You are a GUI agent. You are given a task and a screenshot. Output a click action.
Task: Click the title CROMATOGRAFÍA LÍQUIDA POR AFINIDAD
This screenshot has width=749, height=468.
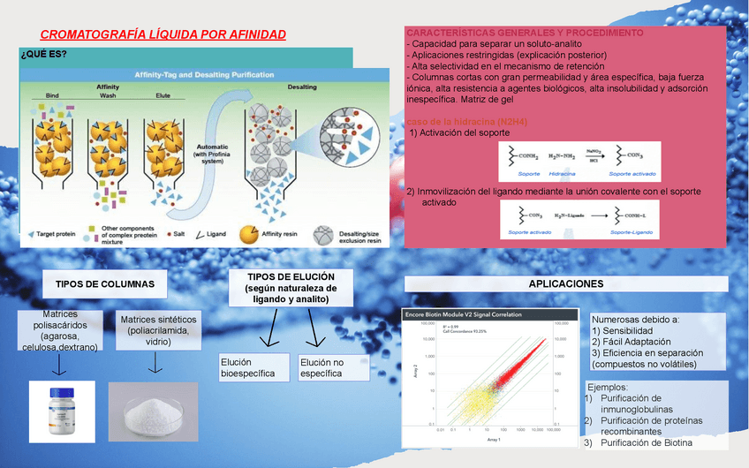pyautogui.click(x=163, y=34)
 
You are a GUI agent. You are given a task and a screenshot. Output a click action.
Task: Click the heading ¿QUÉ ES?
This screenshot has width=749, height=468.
pyautogui.click(x=43, y=55)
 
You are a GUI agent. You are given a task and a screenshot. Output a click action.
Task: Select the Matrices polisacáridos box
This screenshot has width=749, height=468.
pyautogui.click(x=60, y=330)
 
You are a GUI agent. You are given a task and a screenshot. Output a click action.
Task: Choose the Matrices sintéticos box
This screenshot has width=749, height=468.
pyautogui.click(x=159, y=330)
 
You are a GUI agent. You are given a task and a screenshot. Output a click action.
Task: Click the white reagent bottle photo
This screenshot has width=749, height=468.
pyautogui.click(x=61, y=411)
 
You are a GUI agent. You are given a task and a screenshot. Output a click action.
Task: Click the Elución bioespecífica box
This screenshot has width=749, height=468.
pyautogui.click(x=253, y=368)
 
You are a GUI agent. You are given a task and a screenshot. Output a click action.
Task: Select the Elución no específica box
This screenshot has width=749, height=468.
pyautogui.click(x=333, y=368)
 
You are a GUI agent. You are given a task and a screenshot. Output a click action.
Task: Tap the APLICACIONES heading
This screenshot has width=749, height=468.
pyautogui.click(x=565, y=283)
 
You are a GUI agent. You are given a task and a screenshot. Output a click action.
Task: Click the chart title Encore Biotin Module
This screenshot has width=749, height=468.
pyautogui.click(x=462, y=314)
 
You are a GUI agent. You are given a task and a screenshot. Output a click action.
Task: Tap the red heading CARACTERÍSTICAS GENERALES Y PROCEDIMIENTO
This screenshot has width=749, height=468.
pyautogui.click(x=525, y=33)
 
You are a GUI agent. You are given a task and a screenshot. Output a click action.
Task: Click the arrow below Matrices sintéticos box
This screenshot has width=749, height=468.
pyautogui.click(x=155, y=363)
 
